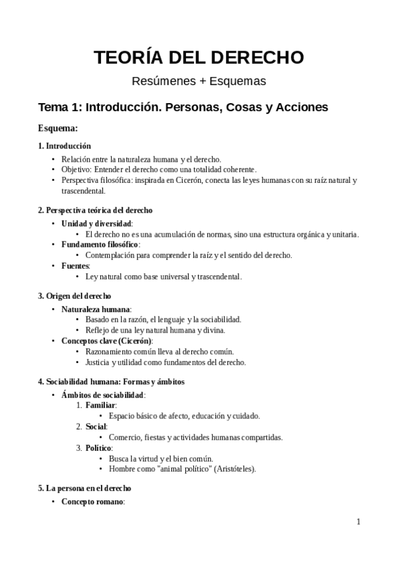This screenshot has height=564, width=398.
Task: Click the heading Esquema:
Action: [x=58, y=128]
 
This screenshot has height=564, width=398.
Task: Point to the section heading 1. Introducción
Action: [x=64, y=146]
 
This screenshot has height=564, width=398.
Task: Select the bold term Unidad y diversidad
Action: [x=97, y=223]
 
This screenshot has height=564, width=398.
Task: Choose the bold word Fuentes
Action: [x=75, y=266]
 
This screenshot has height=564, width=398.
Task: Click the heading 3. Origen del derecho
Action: [x=74, y=296]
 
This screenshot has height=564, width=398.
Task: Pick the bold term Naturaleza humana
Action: [x=96, y=309]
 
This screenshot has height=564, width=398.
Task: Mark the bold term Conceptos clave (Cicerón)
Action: [x=106, y=341]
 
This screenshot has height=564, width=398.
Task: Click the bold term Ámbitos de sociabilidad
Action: [x=102, y=395]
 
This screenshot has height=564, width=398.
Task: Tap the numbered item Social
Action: [x=96, y=427]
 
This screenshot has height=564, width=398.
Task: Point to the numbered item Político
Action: [x=98, y=448]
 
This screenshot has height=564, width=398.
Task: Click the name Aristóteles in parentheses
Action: [x=231, y=469]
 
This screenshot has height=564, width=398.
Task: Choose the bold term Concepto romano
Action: [x=92, y=501]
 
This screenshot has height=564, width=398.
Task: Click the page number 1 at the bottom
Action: [x=358, y=522]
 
